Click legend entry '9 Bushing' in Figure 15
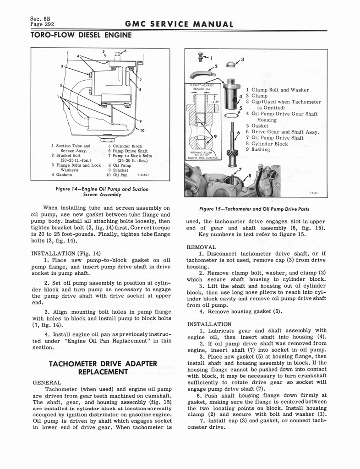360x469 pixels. [x=258, y=149]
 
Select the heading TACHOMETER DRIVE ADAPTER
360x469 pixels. [x=103, y=364]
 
